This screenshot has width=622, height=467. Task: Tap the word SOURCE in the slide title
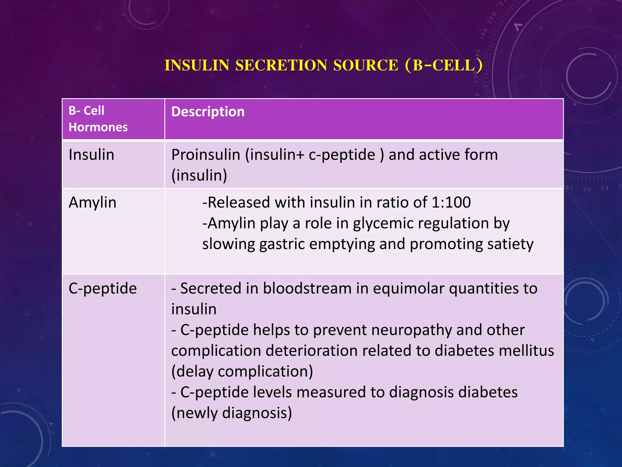[x=365, y=65]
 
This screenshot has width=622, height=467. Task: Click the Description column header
[x=208, y=112]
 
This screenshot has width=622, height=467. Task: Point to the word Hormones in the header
[x=98, y=127]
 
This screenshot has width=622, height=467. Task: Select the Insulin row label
[x=91, y=154]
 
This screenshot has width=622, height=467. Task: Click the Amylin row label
[x=92, y=202]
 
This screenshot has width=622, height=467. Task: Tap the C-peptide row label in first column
[x=103, y=288]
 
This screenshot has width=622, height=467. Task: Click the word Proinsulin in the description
[x=206, y=154]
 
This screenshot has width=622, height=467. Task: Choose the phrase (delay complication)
[x=242, y=371]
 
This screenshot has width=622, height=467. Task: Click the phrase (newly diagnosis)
[x=231, y=413]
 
